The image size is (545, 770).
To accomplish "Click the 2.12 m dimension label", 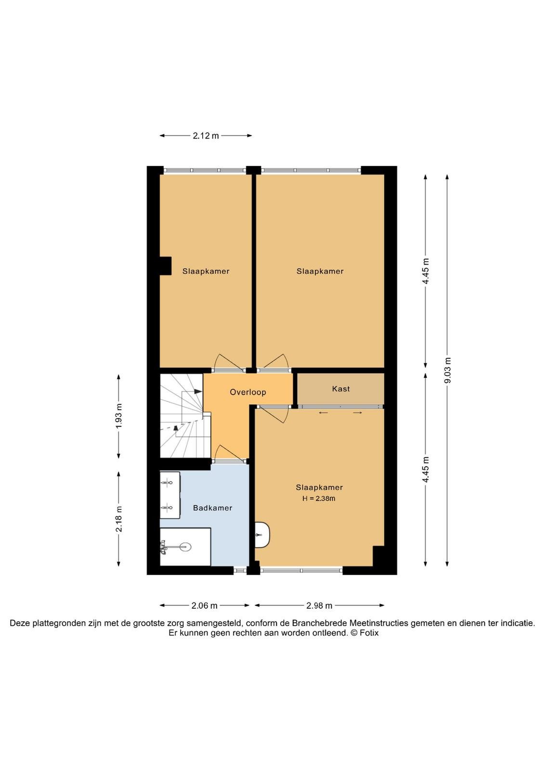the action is [x=206, y=136].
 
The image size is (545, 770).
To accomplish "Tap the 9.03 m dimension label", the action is [x=447, y=370].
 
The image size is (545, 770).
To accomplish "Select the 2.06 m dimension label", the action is [x=204, y=606].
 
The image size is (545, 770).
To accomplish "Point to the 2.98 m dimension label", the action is [x=319, y=606].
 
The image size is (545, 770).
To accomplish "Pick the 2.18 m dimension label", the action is [x=119, y=519].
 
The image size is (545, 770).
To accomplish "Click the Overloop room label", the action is [x=248, y=392].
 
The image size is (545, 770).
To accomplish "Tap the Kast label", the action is [x=341, y=389].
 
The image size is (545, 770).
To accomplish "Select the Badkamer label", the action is [x=212, y=508].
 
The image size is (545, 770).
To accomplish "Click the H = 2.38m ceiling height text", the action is [x=319, y=499].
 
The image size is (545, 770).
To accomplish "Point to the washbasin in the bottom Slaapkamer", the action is [x=262, y=535].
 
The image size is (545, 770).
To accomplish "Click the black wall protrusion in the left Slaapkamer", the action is [x=166, y=266].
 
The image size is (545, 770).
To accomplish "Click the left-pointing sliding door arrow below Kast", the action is [x=323, y=412].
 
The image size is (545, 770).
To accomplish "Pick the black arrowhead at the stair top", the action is [x=198, y=391].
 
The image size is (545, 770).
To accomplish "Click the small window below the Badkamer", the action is [x=240, y=570].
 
